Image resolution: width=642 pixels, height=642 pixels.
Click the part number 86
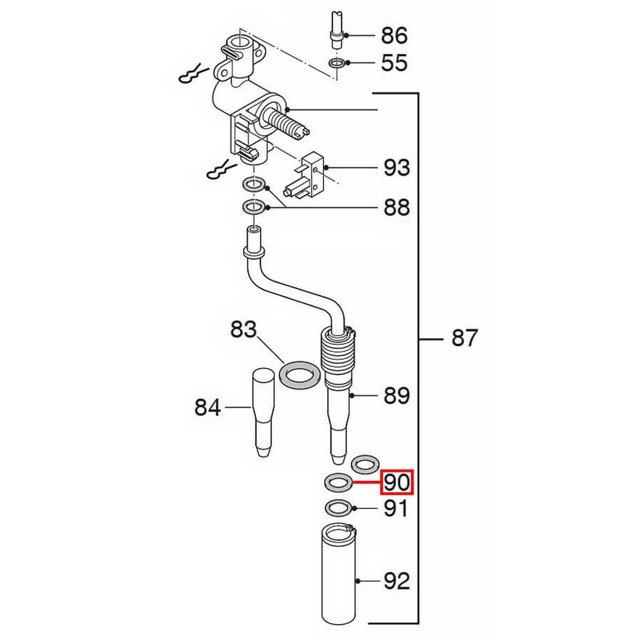pos(394,35)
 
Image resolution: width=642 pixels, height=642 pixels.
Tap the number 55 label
pos(394,63)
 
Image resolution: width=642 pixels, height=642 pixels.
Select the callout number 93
pos(397,167)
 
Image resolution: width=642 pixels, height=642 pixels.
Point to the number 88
pos(397,208)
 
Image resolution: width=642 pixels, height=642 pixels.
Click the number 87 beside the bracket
pos(464,338)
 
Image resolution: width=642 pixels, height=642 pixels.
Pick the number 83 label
pos(243,329)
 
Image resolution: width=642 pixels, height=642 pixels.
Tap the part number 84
pos(208,408)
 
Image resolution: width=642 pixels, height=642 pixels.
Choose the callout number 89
pos(397,396)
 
